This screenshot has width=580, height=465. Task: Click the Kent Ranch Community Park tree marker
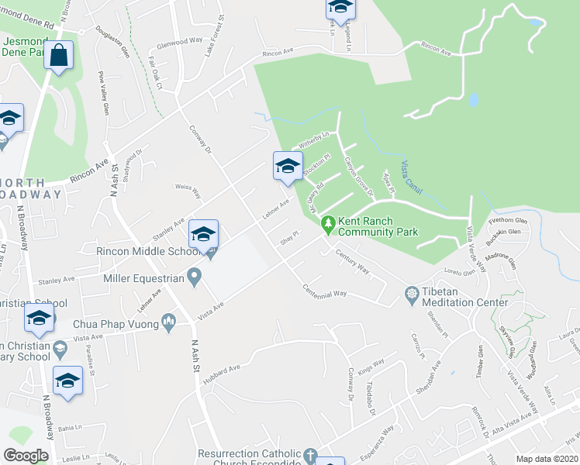pyautogui.click(x=329, y=224)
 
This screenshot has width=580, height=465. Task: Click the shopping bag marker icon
pyautogui.click(x=58, y=55)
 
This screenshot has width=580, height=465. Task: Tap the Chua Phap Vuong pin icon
pyautogui.click(x=170, y=323)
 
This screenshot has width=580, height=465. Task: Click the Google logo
pyautogui.click(x=26, y=456)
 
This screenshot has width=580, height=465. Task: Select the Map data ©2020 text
pyautogui.click(x=547, y=459)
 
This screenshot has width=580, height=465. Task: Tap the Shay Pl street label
pyautogui.click(x=291, y=236)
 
